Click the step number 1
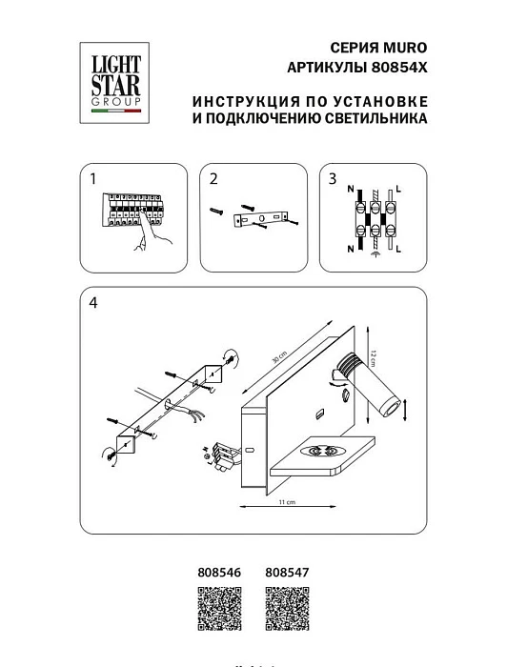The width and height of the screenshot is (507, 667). [93, 178]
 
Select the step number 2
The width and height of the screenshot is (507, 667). [213, 178]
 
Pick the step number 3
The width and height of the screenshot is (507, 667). [333, 178]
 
